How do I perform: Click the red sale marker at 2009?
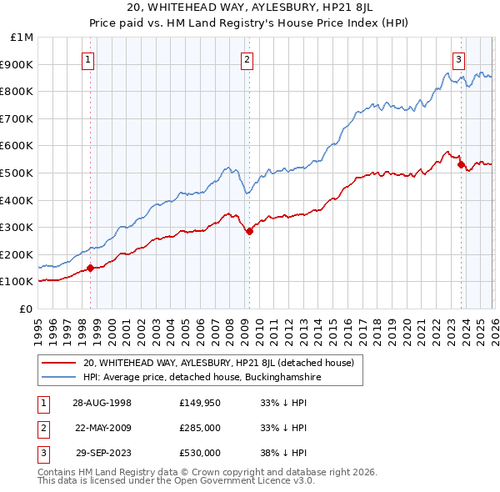point(249,232)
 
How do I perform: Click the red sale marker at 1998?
point(90,268)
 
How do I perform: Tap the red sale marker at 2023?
point(460,165)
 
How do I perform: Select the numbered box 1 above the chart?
point(88,58)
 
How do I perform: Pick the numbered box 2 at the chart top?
point(247,58)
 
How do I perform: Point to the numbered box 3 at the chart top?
point(458,58)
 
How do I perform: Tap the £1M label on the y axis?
point(22,37)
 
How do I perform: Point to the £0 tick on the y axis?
point(26,309)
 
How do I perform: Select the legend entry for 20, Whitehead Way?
point(218,363)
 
